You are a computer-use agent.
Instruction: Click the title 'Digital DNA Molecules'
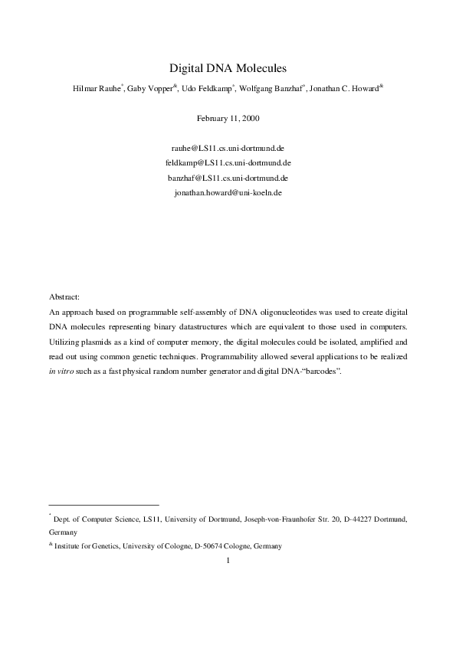pos(228,67)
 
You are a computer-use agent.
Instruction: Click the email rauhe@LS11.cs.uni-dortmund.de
pos(228,147)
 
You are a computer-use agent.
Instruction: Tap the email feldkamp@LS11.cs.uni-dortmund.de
pos(228,162)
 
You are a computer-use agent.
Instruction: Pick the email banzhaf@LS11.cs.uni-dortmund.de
pos(228,178)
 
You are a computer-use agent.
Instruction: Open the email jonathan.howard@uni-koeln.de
pos(228,193)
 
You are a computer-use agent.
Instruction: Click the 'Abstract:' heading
pos(64,296)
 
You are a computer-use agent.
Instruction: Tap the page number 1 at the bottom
pos(228,560)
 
